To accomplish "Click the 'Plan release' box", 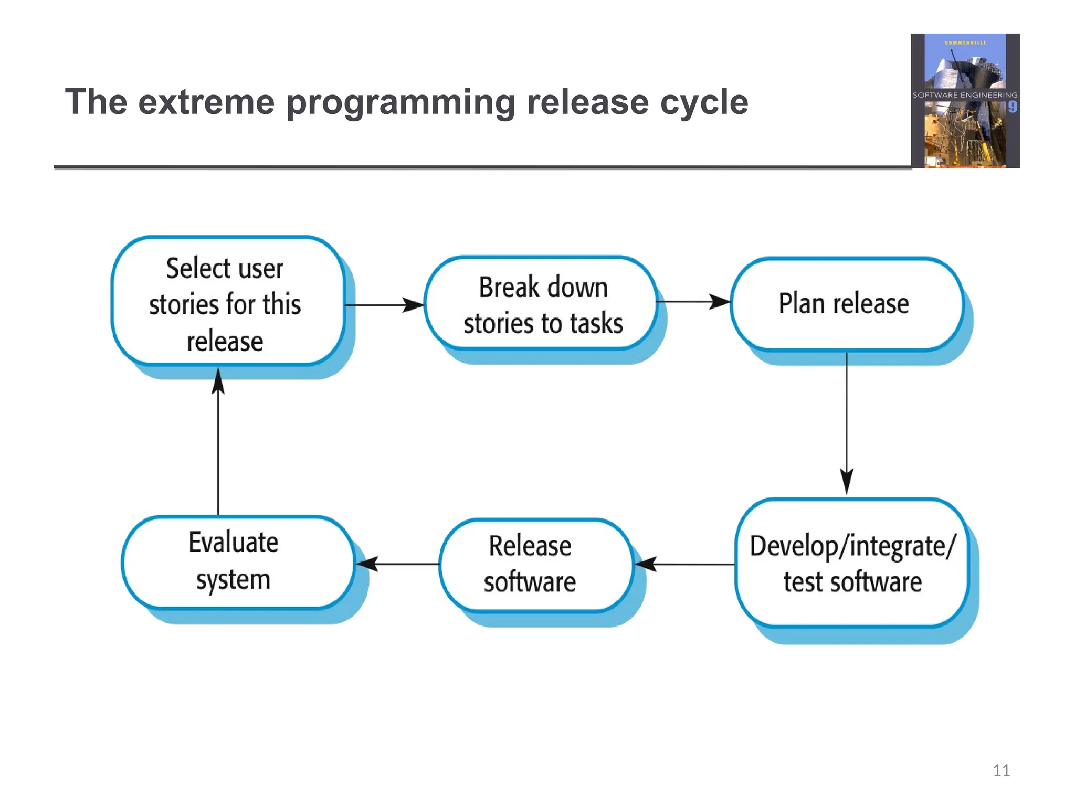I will pos(846,304).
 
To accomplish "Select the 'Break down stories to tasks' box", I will pos(541,304).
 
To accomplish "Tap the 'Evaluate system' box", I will pos(237,562).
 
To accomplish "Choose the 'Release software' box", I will pos(535,565).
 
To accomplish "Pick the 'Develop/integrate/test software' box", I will pos(851,563).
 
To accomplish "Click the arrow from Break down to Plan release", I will pos(693,302).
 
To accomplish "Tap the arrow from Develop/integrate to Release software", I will pos(684,564).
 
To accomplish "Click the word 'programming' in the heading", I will pos(401,103).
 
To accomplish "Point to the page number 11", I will pos(1001,770).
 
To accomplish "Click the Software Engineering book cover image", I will pos(965,101).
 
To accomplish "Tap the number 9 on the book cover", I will pos(1012,107).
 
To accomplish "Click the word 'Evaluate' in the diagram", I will pos(233,543).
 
